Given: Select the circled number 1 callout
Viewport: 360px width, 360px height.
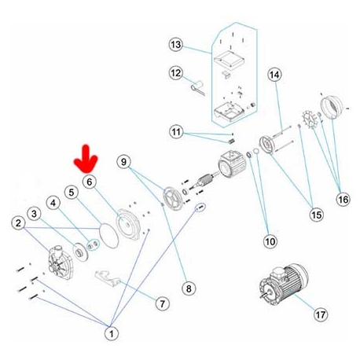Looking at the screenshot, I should coord(111,334).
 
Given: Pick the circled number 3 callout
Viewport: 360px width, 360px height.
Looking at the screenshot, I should coord(34,213).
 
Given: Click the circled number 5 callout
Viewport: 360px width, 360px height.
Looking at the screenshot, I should coord(72,192).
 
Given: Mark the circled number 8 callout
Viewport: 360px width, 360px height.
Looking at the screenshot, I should coord(188,288).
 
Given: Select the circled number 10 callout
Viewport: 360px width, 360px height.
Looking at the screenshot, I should coord(269,241).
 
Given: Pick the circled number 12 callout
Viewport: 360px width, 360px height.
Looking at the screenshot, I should coord(176,73).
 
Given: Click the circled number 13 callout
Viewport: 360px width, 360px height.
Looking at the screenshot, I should coord(176,44).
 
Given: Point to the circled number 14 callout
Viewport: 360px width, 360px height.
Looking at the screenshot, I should coord(274,75).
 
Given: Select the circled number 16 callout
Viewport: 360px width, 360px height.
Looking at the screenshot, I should coord(343,199).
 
